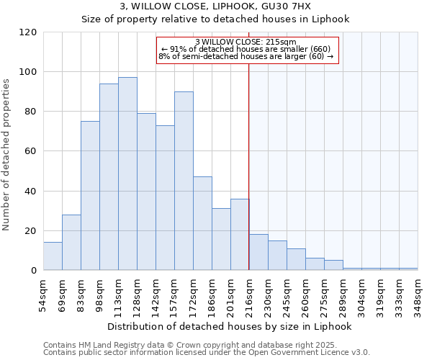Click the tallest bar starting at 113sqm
tap(127, 174)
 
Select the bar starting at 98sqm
tap(109, 177)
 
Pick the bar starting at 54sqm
tap(53, 256)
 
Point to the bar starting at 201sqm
tap(240, 235)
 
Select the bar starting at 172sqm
tap(202, 224)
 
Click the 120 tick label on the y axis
tap(28, 32)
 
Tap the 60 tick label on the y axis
tap(31, 151)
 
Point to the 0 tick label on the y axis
tap(34, 271)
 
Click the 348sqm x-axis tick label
tap(418, 293)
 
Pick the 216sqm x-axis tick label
tap(250, 293)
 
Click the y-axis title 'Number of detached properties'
tap(6, 155)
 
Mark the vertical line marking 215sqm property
tap(249, 166)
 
